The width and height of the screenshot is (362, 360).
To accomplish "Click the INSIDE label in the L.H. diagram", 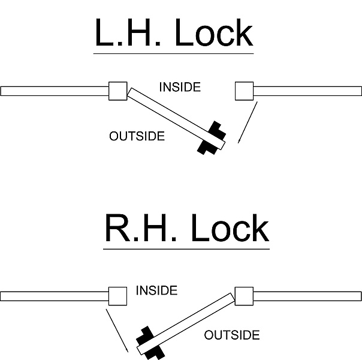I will tap(180, 87).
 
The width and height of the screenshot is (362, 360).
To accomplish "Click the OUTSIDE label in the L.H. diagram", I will tap(137, 136).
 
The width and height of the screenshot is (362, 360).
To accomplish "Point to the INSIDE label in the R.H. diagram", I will tap(156, 291).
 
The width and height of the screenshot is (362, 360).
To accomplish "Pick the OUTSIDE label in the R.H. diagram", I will tap(232, 335).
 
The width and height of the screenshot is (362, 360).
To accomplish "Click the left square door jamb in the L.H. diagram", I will tap(117, 91).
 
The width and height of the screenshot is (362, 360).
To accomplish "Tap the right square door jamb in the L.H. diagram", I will tap(245, 91).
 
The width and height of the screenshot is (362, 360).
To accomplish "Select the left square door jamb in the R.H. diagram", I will tap(117, 296).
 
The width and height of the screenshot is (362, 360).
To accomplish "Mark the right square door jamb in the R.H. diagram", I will tap(245, 296).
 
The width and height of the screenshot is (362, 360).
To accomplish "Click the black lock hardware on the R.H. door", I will tap(150, 343).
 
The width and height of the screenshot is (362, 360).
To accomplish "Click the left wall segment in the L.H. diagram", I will tap(54, 91).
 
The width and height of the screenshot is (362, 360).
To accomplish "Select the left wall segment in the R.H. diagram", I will tap(54, 296).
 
